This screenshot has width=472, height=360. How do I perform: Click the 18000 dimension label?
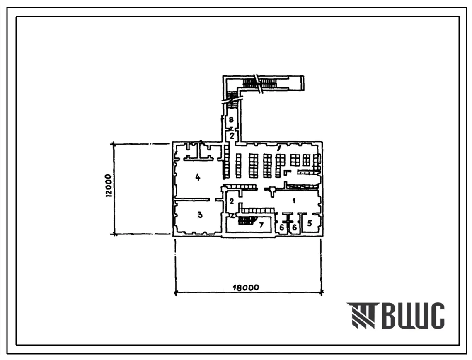point(246,288)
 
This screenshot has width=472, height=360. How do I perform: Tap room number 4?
point(198,177)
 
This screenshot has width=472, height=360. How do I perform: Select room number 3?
point(200,215)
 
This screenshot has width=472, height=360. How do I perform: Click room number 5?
point(310,223)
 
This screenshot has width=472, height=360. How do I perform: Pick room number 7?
point(261,225)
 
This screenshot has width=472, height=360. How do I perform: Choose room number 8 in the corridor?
point(231,120)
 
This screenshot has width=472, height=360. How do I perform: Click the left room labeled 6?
point(282,227)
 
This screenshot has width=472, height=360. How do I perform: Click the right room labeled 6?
point(294,227)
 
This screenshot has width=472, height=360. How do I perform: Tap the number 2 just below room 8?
point(232,136)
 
